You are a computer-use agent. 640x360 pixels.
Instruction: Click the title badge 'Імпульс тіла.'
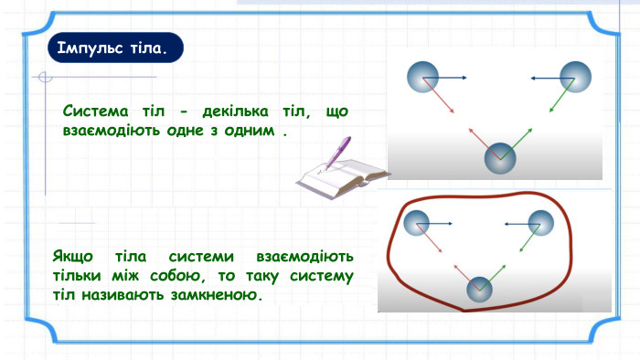tap(115, 48)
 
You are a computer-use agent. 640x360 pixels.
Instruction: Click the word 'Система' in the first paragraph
tap(95, 111)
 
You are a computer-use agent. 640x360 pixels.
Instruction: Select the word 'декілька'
tap(235, 111)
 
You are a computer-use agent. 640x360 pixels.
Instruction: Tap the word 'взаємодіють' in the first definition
tap(111, 131)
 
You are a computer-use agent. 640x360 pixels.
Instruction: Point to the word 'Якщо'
tap(73, 257)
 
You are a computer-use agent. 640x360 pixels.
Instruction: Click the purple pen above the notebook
tap(338, 152)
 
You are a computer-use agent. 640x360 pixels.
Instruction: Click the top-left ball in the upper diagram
tap(422, 77)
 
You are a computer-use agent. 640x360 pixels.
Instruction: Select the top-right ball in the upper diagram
tap(575, 77)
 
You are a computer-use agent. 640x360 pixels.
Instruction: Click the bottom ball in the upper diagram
tap(500, 158)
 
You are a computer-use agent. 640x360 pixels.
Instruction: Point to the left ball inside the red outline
tap(416, 223)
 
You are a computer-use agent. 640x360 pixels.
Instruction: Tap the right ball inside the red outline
tap(541, 223)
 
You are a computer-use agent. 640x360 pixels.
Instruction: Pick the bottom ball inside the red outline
tap(479, 290)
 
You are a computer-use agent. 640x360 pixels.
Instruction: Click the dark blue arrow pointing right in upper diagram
tap(444, 78)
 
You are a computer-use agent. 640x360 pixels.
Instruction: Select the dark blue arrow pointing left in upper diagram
tap(552, 78)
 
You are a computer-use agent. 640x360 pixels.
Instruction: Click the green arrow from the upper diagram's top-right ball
tap(562, 95)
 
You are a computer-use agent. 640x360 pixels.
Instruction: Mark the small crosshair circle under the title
tap(45, 77)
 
